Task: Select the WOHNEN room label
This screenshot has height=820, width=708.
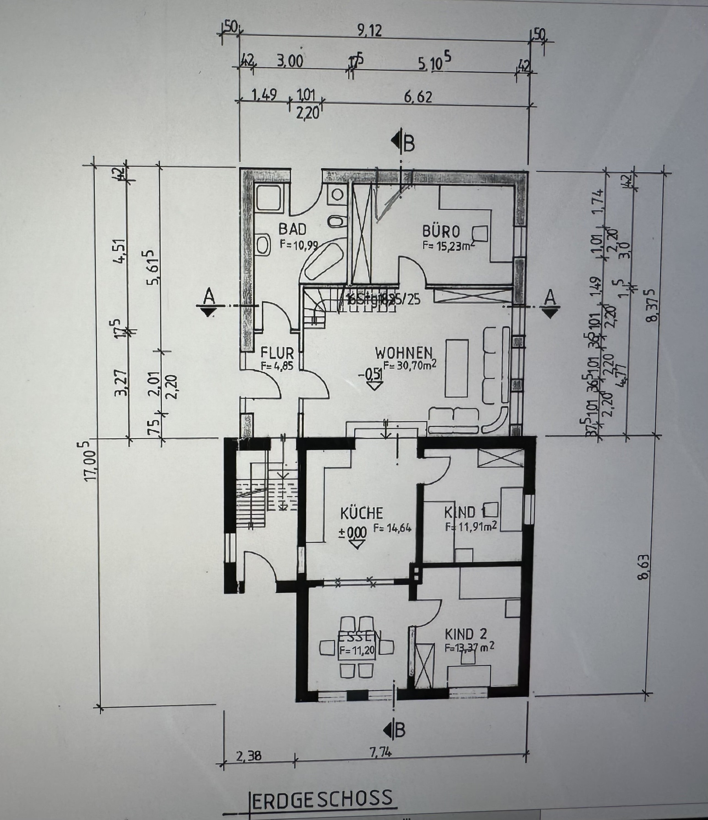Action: click(x=403, y=352)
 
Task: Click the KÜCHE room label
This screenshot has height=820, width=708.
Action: click(x=361, y=513)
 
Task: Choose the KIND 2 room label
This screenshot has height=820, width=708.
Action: click(x=466, y=634)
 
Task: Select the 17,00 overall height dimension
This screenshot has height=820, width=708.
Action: click(x=91, y=461)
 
